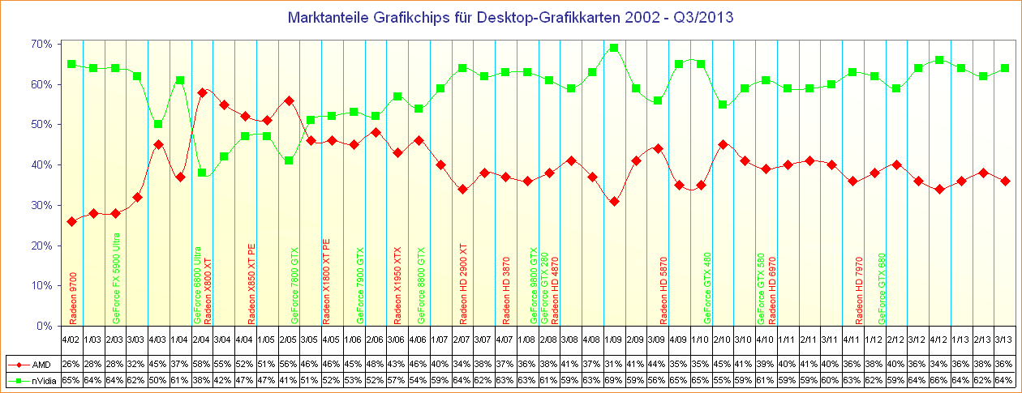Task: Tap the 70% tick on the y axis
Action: pos(42,44)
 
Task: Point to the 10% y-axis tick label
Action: pos(42,286)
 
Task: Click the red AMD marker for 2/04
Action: pos(203,92)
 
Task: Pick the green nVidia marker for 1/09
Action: pos(614,48)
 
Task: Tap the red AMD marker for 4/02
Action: pos(71,221)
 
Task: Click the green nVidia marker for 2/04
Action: pos(203,173)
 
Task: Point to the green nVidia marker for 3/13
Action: pos(1005,68)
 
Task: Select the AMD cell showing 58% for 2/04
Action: pos(203,365)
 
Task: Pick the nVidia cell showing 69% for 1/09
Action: pos(614,380)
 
